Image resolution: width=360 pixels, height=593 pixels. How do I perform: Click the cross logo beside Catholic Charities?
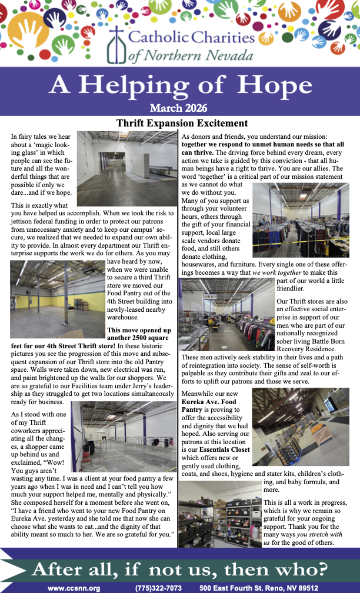(118, 43)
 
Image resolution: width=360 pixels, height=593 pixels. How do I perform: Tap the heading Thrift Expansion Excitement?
(182, 124)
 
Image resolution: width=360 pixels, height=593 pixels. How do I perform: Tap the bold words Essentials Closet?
(224, 449)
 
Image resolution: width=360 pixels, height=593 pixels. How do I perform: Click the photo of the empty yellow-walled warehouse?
(57, 299)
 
